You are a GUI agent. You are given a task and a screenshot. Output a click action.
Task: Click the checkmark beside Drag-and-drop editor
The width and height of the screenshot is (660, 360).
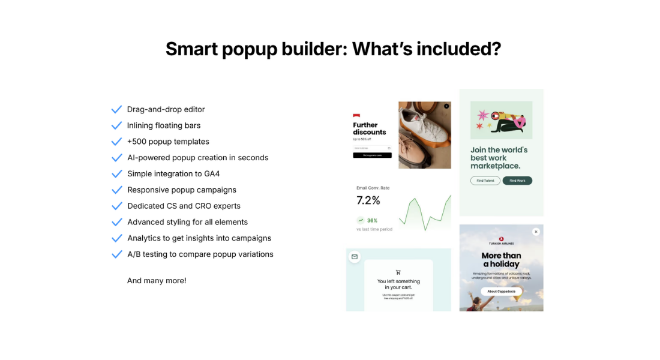click(x=116, y=109)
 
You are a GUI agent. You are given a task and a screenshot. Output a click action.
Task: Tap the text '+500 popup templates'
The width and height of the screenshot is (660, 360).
click(x=168, y=142)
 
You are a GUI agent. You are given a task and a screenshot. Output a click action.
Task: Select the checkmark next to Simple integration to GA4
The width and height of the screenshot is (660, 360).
click(x=116, y=174)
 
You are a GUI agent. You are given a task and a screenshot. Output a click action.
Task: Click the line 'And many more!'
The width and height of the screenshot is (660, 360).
click(x=157, y=281)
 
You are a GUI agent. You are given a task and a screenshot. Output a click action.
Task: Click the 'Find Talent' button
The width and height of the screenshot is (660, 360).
click(x=485, y=181)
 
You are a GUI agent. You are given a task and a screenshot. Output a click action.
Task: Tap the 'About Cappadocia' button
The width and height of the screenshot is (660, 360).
click(x=501, y=292)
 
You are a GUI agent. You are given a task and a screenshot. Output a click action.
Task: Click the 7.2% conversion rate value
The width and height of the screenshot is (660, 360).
click(x=368, y=200)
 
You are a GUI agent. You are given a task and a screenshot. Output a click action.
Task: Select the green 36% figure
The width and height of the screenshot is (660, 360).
click(x=372, y=220)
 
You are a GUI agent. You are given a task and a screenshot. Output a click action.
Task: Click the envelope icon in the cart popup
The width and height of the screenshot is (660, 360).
click(x=355, y=257)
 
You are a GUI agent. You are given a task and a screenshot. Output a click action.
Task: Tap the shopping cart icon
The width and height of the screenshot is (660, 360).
click(x=398, y=272)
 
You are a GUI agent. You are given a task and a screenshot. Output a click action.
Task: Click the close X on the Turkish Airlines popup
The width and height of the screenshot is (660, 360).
click(x=536, y=232)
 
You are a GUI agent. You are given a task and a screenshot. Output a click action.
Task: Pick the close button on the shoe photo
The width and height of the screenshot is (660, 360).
click(x=446, y=106)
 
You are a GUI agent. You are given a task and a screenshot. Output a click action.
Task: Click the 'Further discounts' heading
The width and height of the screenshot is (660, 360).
click(x=370, y=128)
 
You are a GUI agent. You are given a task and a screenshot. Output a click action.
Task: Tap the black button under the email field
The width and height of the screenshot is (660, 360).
click(x=372, y=155)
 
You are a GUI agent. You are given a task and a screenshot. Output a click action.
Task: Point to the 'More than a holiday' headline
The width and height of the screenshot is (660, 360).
click(x=502, y=260)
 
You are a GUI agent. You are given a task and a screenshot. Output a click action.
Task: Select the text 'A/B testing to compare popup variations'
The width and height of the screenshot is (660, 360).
click(x=200, y=254)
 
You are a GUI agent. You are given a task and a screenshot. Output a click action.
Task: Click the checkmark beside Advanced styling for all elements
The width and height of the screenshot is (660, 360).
click(x=116, y=222)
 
